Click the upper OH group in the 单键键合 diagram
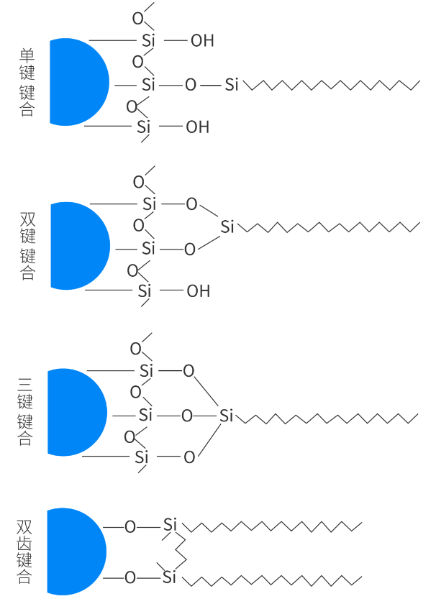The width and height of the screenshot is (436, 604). click(202, 41)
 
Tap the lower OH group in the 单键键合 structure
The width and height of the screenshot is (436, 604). click(198, 128)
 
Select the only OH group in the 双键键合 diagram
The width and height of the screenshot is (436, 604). click(199, 292)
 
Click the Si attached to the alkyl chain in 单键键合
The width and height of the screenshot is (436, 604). click(232, 85)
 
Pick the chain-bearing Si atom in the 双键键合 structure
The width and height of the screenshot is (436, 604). click(227, 228)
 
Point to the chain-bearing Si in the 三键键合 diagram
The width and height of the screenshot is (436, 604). click(227, 416)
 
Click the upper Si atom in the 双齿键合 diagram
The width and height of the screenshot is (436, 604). click(170, 525)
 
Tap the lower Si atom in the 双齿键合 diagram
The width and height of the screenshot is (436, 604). click(169, 577)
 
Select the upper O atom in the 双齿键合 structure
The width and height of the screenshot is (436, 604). click(130, 527)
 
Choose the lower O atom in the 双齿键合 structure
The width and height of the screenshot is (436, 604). click(130, 577)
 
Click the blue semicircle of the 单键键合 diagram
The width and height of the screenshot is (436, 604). click(76, 82)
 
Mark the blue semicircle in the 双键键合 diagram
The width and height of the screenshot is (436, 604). click(76, 246)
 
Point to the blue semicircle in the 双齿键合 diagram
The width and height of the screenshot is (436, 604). click(73, 552)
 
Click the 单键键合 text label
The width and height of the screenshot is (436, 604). click(27, 82)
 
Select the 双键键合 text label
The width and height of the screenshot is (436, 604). click(27, 246)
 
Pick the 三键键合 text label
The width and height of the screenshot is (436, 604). click(25, 413)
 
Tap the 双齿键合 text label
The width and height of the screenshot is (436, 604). click(24, 552)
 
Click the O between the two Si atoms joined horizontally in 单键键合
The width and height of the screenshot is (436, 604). click(190, 85)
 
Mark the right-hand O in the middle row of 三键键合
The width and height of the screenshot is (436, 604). click(187, 416)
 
